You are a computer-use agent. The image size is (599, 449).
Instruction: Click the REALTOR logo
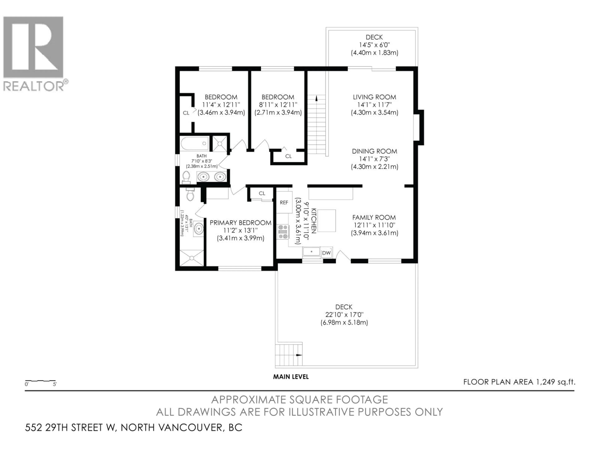pyautogui.click(x=34, y=53)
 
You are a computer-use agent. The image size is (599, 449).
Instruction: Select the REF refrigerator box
pyautogui.click(x=284, y=203)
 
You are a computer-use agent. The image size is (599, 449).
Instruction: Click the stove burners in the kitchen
pyautogui.click(x=283, y=232)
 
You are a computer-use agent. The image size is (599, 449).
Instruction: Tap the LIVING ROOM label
pyautogui.click(x=374, y=97)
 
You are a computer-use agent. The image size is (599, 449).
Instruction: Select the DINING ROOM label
pyautogui.click(x=374, y=151)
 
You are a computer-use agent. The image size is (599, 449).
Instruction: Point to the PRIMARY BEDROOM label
pyautogui.click(x=241, y=223)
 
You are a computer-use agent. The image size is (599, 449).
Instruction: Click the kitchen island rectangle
pyautogui.click(x=327, y=221)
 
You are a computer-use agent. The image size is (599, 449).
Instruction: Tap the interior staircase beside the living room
pyautogui.click(x=316, y=125)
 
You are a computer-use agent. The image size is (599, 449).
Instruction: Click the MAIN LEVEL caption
pyautogui.click(x=291, y=377)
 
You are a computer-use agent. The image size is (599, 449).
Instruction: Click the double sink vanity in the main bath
pyautogui.click(x=212, y=177)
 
